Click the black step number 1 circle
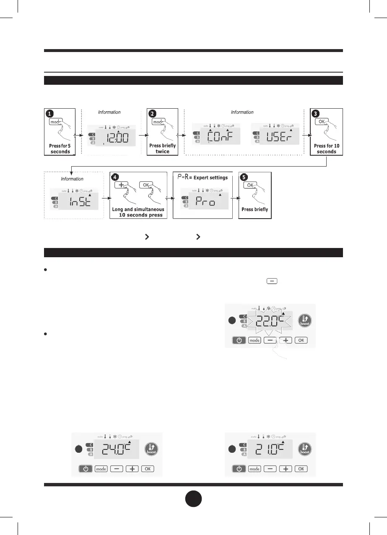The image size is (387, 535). click(x=50, y=113)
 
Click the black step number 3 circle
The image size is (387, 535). click(x=315, y=113)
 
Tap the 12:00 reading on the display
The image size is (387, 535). click(x=111, y=138)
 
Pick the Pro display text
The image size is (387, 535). click(x=206, y=202)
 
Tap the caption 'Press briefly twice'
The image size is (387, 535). click(x=163, y=149)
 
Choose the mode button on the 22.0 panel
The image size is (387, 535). click(x=255, y=340)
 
